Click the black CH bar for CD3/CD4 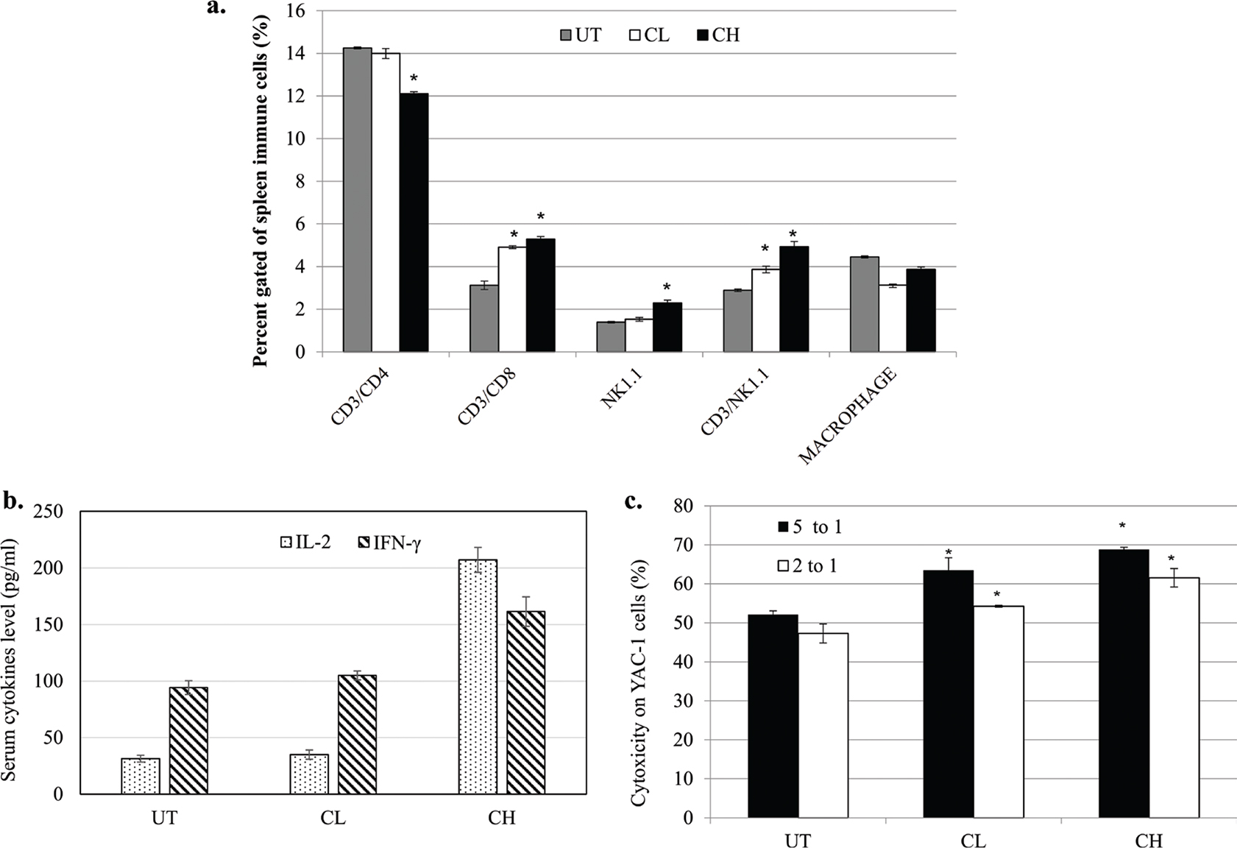click(x=414, y=222)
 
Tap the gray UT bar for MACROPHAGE click(x=864, y=304)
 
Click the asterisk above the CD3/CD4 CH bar click(x=414, y=79)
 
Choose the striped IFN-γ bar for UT click(x=188, y=741)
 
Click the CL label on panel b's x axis click(x=333, y=819)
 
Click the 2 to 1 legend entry click(x=806, y=566)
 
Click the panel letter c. click(x=632, y=503)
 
